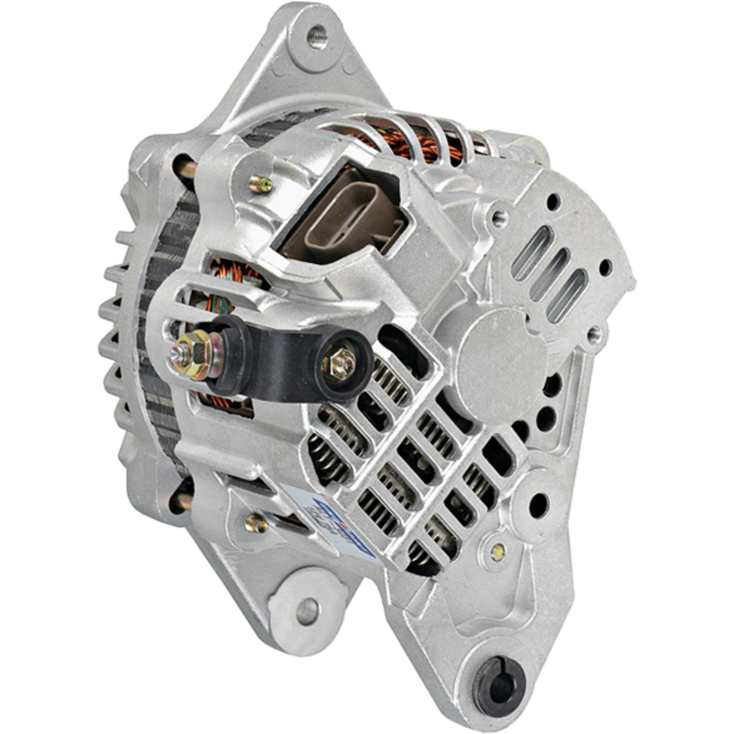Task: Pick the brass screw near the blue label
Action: tap(256, 525)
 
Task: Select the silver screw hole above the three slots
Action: tap(499, 217)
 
